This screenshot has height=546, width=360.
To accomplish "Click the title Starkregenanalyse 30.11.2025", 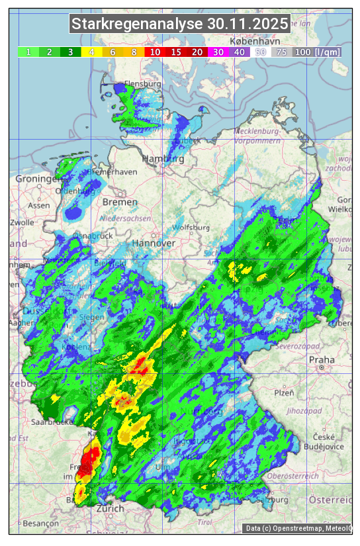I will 180,24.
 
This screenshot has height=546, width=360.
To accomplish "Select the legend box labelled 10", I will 155,52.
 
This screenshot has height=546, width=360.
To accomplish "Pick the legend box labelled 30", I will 218,52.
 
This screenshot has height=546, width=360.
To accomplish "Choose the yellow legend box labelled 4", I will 91,52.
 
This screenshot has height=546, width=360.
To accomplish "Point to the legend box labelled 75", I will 281,52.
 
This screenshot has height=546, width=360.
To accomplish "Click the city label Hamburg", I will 163,159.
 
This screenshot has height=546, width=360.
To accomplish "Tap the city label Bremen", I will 120,202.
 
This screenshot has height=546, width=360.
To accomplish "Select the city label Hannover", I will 153,243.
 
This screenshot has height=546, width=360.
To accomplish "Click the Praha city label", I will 322,360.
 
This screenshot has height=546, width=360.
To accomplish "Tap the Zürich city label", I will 110,508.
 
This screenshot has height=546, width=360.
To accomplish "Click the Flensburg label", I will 143,85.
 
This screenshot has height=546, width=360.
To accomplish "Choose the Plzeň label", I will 284,392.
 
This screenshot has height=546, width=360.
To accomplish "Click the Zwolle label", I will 21,222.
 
